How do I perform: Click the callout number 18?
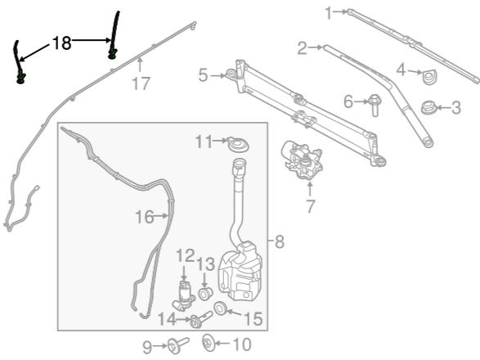62,43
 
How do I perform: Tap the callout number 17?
141,83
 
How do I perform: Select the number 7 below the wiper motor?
311,206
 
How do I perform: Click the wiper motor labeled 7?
302,160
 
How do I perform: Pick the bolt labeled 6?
375,105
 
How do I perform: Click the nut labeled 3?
428,107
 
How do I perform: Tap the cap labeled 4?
430,78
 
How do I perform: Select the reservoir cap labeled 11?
238,144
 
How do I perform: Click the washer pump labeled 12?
184,295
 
